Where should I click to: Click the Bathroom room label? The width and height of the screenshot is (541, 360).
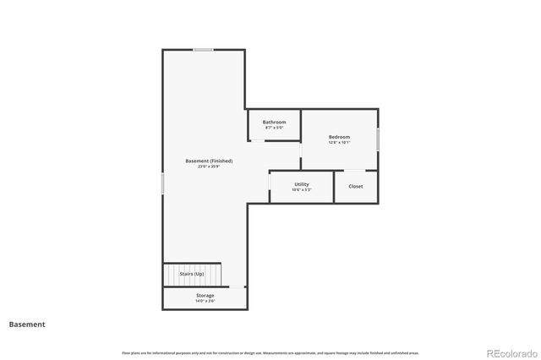274,122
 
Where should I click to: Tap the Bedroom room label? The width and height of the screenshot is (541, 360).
339,137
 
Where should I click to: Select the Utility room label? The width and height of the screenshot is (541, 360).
302,183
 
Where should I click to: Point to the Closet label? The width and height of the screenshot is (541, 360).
356,186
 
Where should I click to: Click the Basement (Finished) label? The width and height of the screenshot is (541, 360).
209,161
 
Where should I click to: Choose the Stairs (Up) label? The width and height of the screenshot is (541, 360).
192,274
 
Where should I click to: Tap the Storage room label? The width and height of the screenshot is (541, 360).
205,295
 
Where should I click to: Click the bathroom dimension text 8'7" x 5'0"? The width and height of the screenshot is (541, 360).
274,128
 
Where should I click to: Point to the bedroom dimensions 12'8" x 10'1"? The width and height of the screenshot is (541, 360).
339,143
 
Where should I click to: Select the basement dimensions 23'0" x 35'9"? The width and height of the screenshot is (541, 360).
209,166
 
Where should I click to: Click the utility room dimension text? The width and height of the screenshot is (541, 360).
302,189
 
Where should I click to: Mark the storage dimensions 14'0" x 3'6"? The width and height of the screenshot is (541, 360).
205,301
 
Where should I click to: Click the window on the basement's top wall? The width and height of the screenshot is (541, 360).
203,50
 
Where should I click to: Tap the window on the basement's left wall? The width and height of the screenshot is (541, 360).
163,183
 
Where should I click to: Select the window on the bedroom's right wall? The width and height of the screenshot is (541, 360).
378,139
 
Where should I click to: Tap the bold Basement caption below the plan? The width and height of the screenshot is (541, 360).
27,324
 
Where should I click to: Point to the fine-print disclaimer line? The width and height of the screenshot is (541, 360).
270,352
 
